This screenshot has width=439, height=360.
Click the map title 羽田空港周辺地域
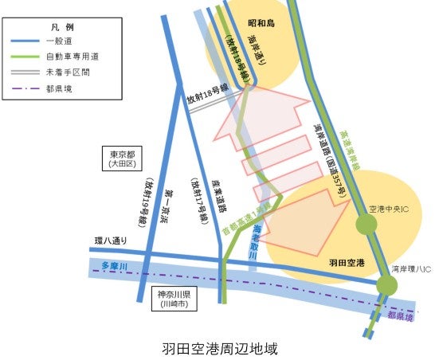pos(220,348)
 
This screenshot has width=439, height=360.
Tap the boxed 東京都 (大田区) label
pos(124,158)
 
